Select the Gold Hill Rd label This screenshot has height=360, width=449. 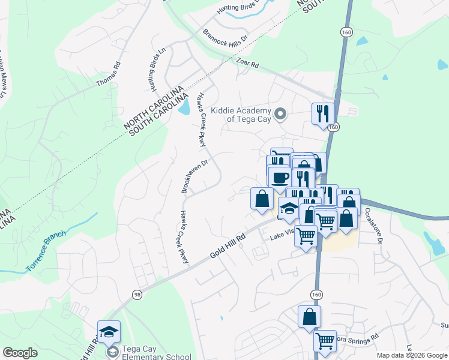pos(229,246)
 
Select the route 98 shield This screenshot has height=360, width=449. pos(137,293)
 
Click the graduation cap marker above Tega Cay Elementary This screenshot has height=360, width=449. pos(109,332)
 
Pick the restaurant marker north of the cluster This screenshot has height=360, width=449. pos(323,113)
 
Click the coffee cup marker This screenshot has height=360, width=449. pos(280,178)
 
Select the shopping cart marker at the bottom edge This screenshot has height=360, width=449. pos(325,341)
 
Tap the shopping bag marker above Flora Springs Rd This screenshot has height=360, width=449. pos(309,317)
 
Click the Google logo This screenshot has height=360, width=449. pos(20,353)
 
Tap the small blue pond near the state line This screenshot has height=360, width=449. pos(185,107)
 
